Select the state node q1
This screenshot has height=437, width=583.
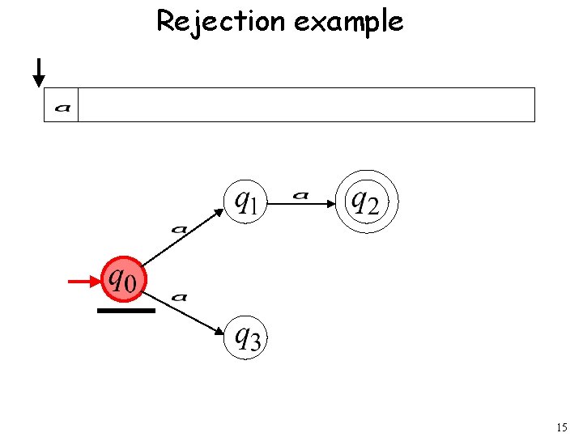tap(245, 200)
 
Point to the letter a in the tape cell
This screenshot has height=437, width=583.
tap(62, 106)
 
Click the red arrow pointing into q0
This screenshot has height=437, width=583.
tap(84, 282)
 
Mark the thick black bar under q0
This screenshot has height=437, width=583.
tap(126, 310)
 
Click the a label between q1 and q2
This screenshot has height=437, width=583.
tap(301, 194)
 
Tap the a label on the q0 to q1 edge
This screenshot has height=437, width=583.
tap(179, 229)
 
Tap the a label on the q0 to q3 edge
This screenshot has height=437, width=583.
tap(180, 297)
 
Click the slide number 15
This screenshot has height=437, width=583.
tap(563, 426)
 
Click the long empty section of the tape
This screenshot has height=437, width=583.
tap(306, 105)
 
